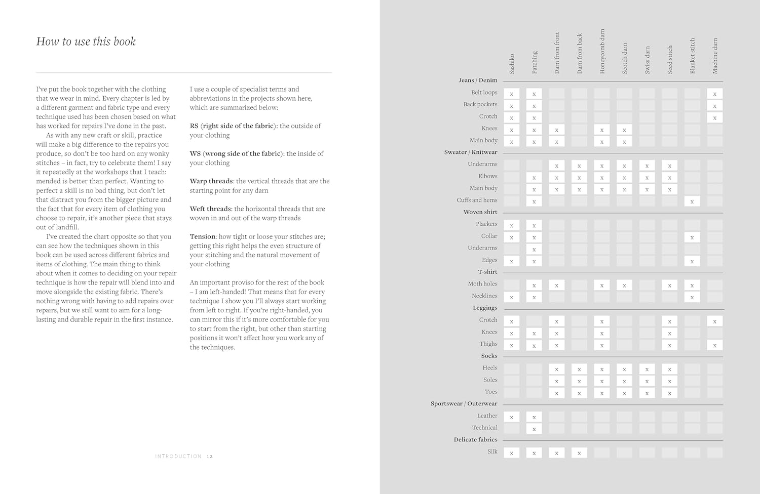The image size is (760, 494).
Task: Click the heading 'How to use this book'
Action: tap(86, 42)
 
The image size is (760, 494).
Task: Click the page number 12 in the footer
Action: tap(210, 457)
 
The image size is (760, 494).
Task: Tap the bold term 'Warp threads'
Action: tap(211, 181)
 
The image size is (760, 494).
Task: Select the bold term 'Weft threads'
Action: tap(211, 209)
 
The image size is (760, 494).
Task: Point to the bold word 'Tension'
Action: tap(203, 236)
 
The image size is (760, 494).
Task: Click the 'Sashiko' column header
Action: tap(512, 64)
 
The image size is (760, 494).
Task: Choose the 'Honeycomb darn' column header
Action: tap(602, 52)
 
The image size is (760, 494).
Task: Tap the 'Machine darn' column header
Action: tap(715, 56)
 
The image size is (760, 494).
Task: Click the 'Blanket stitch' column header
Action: tap(692, 56)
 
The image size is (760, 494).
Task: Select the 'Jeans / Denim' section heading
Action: tap(478, 80)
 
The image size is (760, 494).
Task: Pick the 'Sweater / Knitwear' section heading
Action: tap(471, 152)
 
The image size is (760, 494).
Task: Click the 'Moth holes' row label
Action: tap(482, 284)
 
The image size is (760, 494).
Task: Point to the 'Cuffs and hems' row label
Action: tap(477, 200)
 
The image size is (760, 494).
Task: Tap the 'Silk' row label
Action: tap(492, 451)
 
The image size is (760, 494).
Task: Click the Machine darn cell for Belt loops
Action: tap(714, 94)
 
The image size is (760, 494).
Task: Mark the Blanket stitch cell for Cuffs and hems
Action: tap(692, 201)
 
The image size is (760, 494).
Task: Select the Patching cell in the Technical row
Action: tap(534, 429)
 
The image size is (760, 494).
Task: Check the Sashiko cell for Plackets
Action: tap(512, 225)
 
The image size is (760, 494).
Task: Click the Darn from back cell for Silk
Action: tap(579, 452)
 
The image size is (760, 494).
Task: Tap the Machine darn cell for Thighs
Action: tap(714, 345)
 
